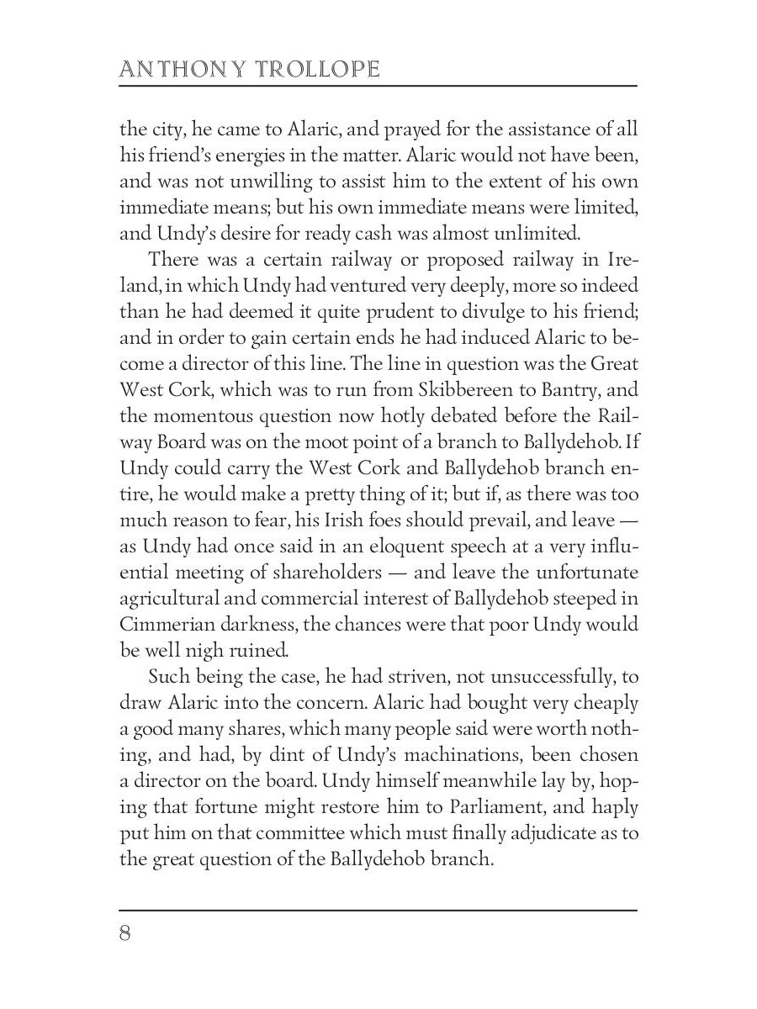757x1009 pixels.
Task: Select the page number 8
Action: [125, 934]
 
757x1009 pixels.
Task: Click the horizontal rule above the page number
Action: [378, 910]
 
